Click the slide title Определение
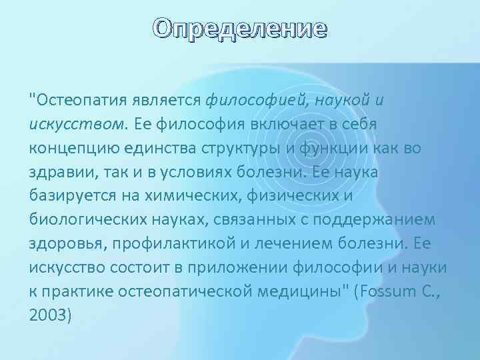pyautogui.click(x=240, y=29)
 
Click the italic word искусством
pyautogui.click(x=66, y=124)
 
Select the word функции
pyautogui.click(x=327, y=148)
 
